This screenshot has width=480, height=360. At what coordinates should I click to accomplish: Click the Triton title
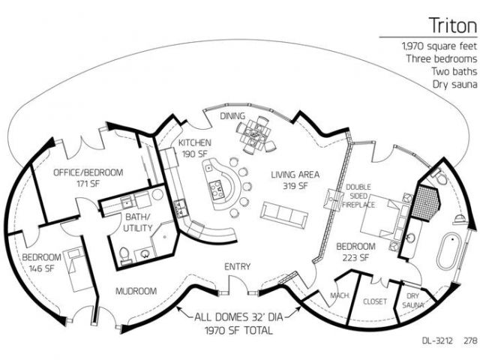pos(452,25)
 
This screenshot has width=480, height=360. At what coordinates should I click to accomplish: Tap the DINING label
pos(232,116)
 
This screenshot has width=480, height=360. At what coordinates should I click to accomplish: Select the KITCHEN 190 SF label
pos(195,148)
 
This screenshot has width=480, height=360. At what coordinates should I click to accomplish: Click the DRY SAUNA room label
pos(413,300)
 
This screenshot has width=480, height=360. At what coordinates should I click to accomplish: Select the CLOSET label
pos(375,301)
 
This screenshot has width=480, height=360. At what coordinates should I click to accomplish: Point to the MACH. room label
pos(340,295)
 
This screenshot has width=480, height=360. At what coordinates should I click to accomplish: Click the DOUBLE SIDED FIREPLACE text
pos(358,196)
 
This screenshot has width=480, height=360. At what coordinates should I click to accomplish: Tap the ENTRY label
pos(238,267)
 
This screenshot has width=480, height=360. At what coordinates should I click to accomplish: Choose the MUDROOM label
pos(136,291)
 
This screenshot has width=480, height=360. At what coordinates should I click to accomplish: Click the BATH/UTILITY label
pos(137,223)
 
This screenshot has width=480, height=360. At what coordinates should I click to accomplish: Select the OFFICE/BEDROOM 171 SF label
pos(88,178)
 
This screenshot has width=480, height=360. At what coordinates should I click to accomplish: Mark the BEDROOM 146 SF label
pos(42,263)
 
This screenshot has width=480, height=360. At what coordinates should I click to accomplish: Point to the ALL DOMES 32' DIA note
pos(238,317)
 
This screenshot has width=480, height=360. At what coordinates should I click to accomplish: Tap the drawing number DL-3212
pos(437,340)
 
